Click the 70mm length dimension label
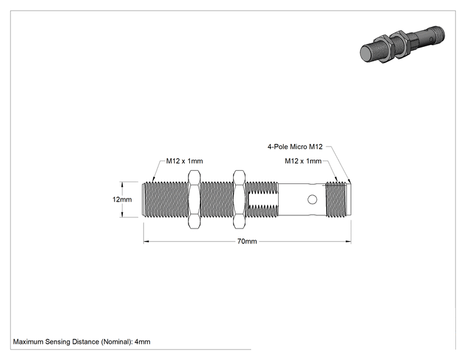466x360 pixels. pyautogui.click(x=247, y=241)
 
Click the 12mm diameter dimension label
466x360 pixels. pyautogui.click(x=122, y=199)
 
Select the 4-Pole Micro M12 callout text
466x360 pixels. pyautogui.click(x=295, y=147)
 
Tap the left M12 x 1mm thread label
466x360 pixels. pyautogui.click(x=184, y=161)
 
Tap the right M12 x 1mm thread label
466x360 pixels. pyautogui.click(x=303, y=161)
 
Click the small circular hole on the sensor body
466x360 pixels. pyautogui.click(x=312, y=199)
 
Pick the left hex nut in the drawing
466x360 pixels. pyautogui.click(x=194, y=199)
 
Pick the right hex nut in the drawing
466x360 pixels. pyautogui.click(x=239, y=199)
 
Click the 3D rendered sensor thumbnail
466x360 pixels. pyautogui.click(x=403, y=44)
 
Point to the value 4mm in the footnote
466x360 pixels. pyautogui.click(x=142, y=342)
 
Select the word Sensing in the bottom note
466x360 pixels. pyautogui.click(x=56, y=342)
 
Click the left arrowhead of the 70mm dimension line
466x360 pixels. pyautogui.click(x=146, y=242)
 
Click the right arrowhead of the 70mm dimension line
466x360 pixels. pyautogui.click(x=349, y=242)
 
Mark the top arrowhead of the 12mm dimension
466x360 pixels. pyautogui.click(x=122, y=185)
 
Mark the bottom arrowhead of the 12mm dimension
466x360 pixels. pyautogui.click(x=122, y=214)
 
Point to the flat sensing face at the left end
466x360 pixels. pyautogui.click(x=143, y=199)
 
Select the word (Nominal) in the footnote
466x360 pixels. pyautogui.click(x=116, y=342)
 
